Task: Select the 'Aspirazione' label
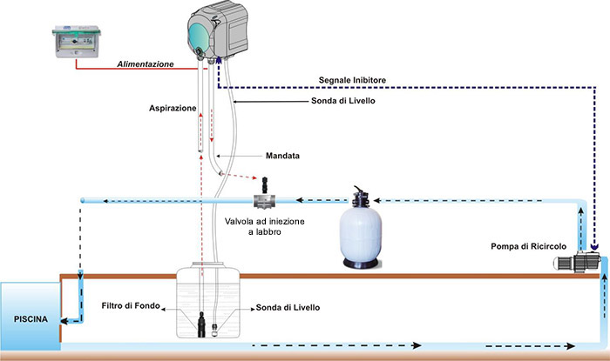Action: coord(170,109)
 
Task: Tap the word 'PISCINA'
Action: coord(30,318)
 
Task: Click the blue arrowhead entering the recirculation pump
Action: coord(593,249)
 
